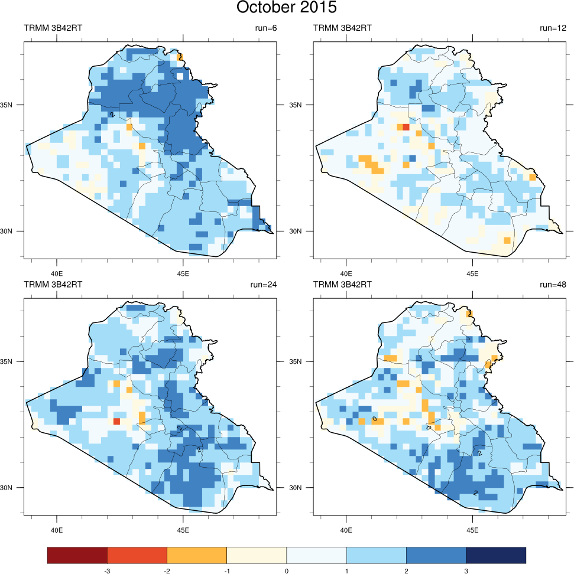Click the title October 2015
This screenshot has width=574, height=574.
(287, 8)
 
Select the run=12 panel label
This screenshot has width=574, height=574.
(553, 28)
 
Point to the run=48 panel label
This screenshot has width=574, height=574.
(553, 285)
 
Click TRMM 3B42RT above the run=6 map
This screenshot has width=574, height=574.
(53, 28)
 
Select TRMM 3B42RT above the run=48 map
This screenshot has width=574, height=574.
(342, 285)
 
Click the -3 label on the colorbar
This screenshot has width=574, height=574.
(107, 570)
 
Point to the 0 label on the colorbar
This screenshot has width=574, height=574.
(287, 570)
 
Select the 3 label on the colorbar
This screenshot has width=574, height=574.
(466, 570)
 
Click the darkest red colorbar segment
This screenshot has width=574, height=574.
(77, 555)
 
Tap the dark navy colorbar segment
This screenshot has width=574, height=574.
(495, 555)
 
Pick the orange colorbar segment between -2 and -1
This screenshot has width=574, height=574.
(197, 555)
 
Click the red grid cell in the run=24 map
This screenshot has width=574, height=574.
(116, 421)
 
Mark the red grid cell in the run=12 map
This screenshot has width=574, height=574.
(406, 127)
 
